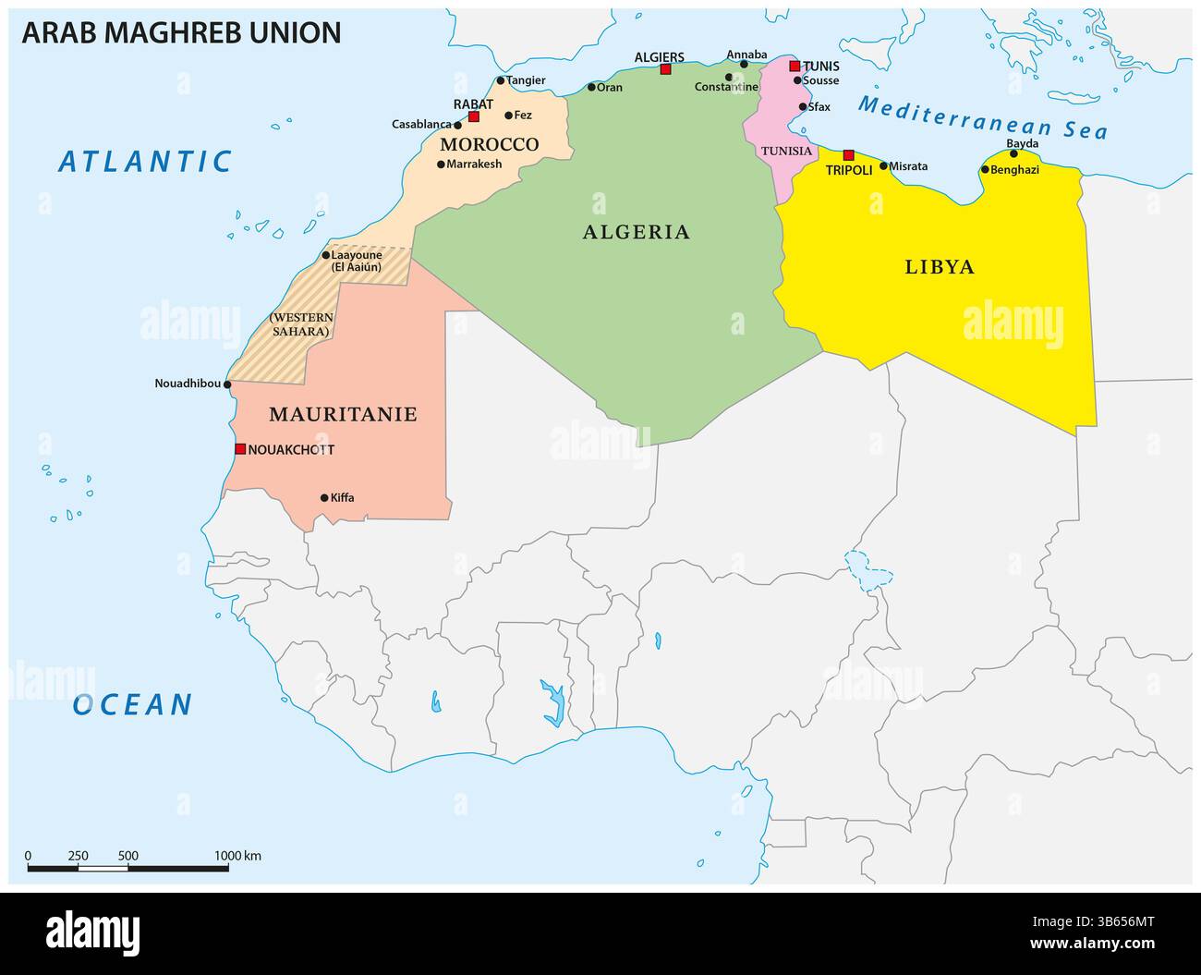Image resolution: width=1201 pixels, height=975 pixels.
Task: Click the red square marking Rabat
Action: click(474, 117)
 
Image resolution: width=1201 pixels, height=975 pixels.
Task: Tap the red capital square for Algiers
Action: click(665, 69)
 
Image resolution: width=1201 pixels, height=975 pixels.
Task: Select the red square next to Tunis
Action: click(795, 66)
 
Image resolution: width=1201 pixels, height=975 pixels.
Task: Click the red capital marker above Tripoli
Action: click(849, 155)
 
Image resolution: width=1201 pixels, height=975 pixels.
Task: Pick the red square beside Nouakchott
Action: click(240, 449)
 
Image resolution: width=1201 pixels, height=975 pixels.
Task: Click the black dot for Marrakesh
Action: click(441, 165)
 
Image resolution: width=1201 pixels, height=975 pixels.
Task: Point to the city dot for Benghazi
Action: click(985, 169)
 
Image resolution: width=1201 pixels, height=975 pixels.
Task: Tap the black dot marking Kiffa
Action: click(324, 498)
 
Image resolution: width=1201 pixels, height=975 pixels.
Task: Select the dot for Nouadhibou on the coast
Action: click(228, 384)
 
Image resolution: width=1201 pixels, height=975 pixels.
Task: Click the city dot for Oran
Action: click(592, 88)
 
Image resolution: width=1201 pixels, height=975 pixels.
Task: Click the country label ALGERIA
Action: click(637, 232)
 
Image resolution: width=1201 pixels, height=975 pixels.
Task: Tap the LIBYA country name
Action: click(940, 268)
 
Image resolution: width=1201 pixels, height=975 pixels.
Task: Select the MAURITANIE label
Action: click(343, 415)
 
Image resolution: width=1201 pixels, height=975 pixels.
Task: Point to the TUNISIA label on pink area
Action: click(786, 151)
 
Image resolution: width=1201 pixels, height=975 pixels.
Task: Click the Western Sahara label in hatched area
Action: click(301, 323)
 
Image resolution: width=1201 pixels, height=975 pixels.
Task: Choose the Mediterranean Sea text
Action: click(982, 117)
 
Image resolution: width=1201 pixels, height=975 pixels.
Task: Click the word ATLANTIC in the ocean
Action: click(145, 162)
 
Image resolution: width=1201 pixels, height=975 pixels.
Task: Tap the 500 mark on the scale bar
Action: click(127, 856)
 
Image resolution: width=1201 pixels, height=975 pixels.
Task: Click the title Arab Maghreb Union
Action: click(181, 32)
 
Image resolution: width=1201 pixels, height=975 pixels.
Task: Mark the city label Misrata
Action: click(909, 166)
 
